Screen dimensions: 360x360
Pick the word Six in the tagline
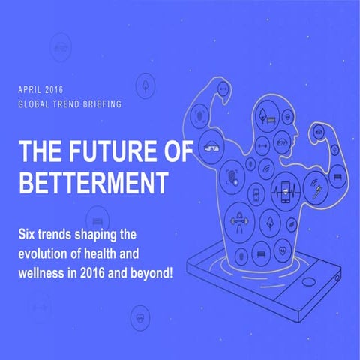pyautogui.click(x=30, y=235)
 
